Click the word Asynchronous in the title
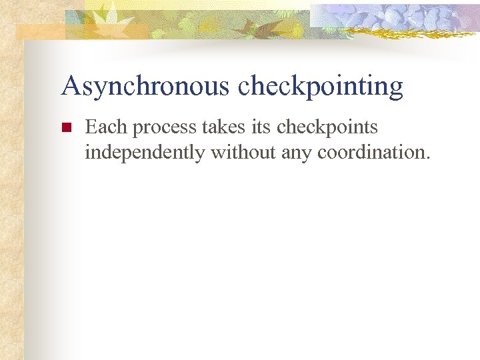[x=145, y=87]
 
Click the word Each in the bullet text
[x=106, y=127]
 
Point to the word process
[x=164, y=128]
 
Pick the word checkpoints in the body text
[x=327, y=128]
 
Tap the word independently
[x=145, y=153]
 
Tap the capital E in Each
[x=91, y=127]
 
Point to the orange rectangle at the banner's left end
[x=40, y=31]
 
